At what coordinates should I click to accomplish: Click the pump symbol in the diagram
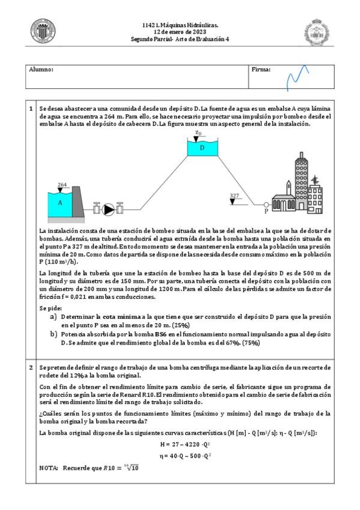[108, 209]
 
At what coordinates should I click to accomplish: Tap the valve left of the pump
[97, 208]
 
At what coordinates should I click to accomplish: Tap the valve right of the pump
[120, 208]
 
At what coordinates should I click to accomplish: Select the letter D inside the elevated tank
[202, 148]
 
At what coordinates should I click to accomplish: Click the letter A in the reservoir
[59, 203]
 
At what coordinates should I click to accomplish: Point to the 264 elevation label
[62, 185]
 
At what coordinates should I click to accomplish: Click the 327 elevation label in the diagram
[234, 195]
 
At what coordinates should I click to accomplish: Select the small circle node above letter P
[266, 204]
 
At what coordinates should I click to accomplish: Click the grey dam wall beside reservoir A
[78, 202]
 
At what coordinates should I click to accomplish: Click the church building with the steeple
[284, 199]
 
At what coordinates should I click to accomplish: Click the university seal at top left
[43, 31]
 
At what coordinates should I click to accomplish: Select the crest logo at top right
[317, 32]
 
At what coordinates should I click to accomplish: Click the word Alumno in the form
[41, 69]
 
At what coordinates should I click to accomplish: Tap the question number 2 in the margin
[31, 367]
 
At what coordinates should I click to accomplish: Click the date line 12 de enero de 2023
[180, 32]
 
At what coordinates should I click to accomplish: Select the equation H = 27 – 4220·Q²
[185, 444]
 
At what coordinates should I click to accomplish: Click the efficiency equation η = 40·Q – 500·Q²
[185, 456]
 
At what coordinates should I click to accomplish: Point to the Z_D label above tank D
[198, 133]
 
